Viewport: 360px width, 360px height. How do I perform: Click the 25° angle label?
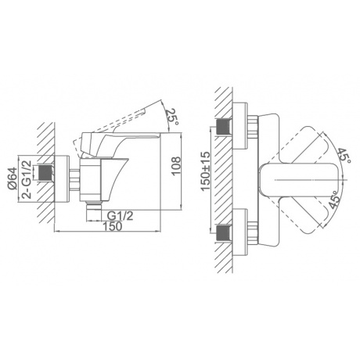pyautogui.click(x=173, y=117)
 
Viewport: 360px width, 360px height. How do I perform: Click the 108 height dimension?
pyautogui.click(x=176, y=166)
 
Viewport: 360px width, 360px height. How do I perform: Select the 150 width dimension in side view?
pyautogui.click(x=112, y=226)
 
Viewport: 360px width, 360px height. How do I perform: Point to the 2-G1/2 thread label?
pyautogui.click(x=27, y=179)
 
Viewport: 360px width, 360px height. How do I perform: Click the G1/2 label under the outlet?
pyautogui.click(x=121, y=216)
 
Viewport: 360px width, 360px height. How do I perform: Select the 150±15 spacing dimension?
pyautogui.click(x=206, y=171)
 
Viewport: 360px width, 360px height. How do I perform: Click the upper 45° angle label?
pyautogui.click(x=344, y=156)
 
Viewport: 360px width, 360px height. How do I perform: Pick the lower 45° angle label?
pyautogui.click(x=334, y=199)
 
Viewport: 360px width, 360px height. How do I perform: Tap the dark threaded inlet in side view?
pyautogui.click(x=45, y=172)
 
